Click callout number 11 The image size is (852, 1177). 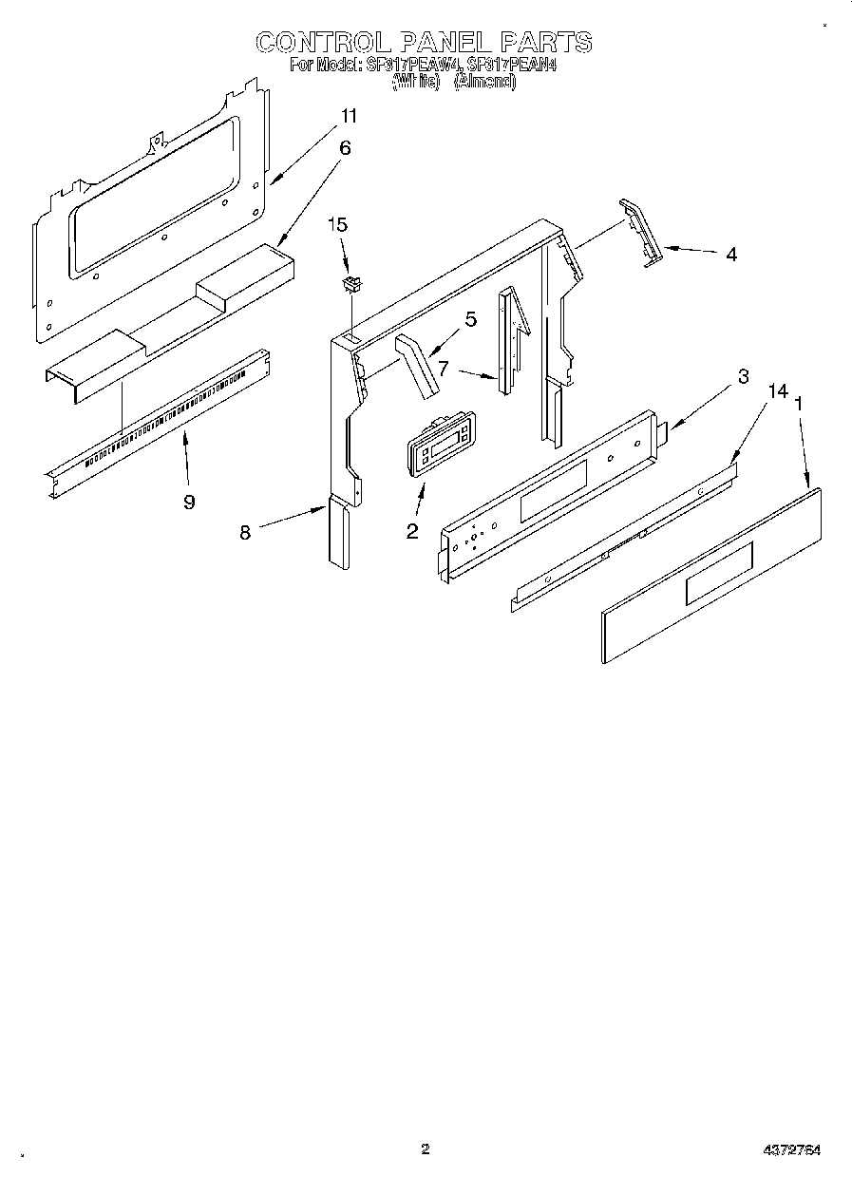(350, 116)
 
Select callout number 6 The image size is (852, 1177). (345, 147)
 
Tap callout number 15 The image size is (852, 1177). (338, 225)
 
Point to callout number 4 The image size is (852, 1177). (730, 254)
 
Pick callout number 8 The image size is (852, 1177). (245, 533)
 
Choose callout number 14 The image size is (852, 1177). (778, 391)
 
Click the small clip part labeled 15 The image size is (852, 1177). (353, 282)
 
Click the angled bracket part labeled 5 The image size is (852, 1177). (417, 366)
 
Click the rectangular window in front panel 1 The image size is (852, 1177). (719, 572)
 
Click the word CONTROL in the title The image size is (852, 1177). (323, 42)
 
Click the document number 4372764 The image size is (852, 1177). (791, 1150)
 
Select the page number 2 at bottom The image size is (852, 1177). (426, 1149)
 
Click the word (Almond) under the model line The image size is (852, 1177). (484, 83)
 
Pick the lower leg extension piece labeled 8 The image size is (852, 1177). (338, 534)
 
